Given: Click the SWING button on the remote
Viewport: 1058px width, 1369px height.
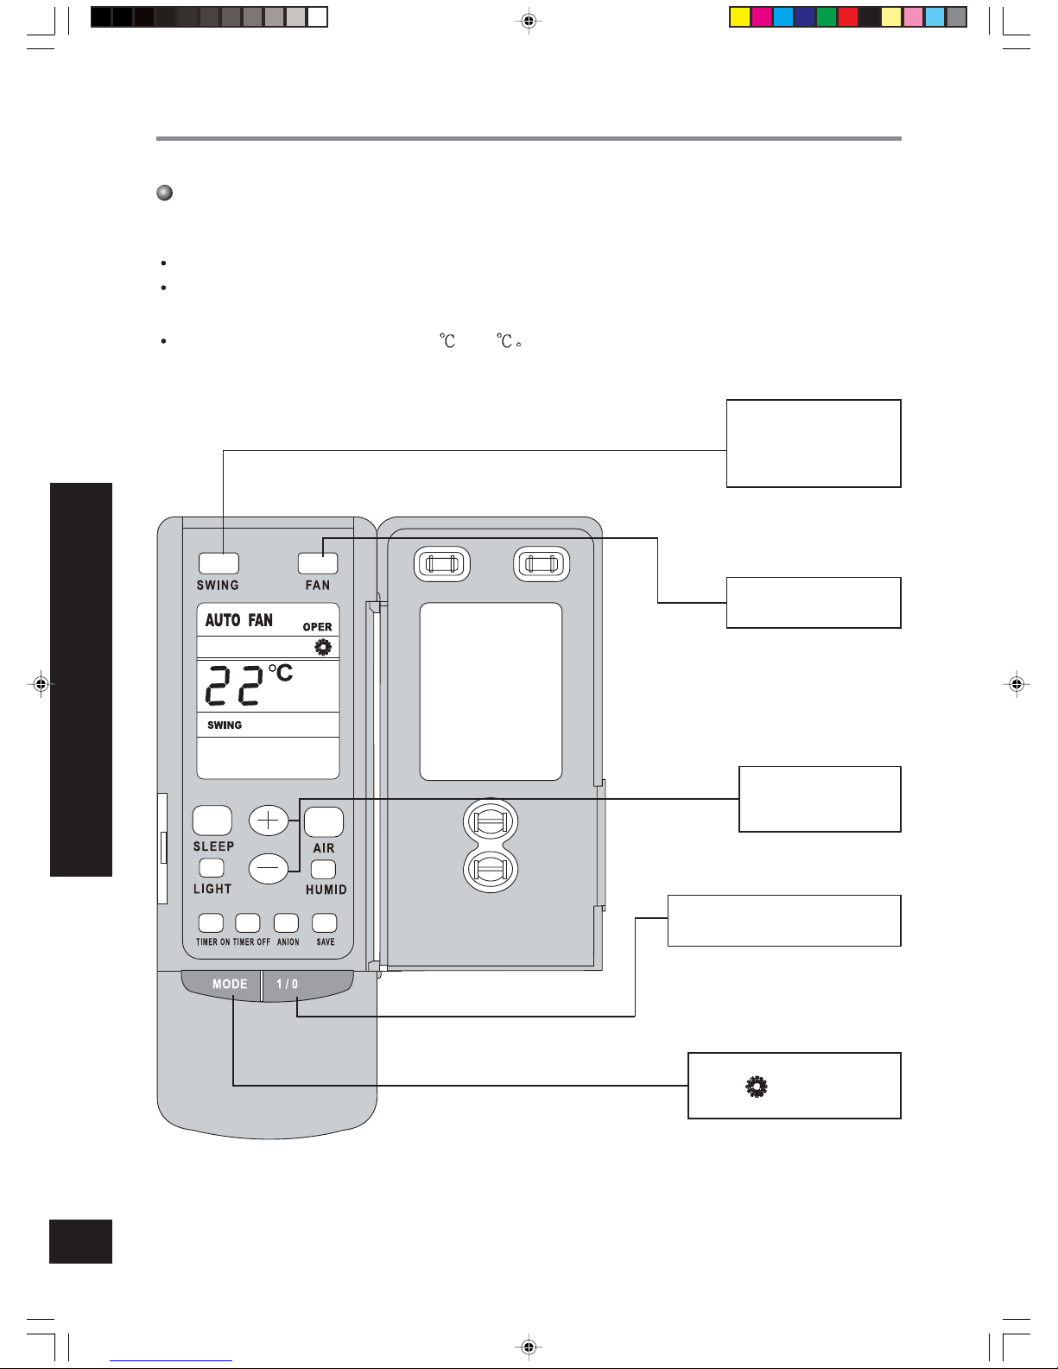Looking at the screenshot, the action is pyautogui.click(x=219, y=562).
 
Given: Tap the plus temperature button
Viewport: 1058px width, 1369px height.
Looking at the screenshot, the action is pyautogui.click(x=269, y=821).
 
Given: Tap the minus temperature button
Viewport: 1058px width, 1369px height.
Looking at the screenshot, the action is pyautogui.click(x=269, y=868).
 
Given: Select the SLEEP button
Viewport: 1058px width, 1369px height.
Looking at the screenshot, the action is pyautogui.click(x=212, y=821).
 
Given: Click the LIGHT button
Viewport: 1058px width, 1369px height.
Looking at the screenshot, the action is pyautogui.click(x=212, y=868).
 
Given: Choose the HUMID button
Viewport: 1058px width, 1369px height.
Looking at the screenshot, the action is pyautogui.click(x=324, y=870).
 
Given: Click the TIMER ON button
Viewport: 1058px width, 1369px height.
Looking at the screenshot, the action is pyautogui.click(x=211, y=923).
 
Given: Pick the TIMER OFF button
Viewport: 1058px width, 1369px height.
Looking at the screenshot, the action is pyautogui.click(x=248, y=923).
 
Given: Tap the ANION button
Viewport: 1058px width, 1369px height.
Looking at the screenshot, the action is pyautogui.click(x=286, y=923).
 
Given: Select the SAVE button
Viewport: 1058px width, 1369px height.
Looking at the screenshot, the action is pyautogui.click(x=325, y=923).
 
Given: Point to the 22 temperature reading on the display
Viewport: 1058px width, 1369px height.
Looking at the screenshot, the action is pyautogui.click(x=233, y=686).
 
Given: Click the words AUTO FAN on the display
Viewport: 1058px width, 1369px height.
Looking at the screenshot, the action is pyautogui.click(x=238, y=620).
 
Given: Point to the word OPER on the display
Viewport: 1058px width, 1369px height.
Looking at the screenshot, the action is pyautogui.click(x=318, y=627).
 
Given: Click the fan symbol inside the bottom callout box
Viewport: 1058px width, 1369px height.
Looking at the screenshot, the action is pyautogui.click(x=757, y=1087).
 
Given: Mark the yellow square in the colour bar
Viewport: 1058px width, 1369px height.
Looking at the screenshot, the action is pyautogui.click(x=740, y=17).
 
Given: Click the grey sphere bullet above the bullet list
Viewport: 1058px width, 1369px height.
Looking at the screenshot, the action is pyautogui.click(x=164, y=193).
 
